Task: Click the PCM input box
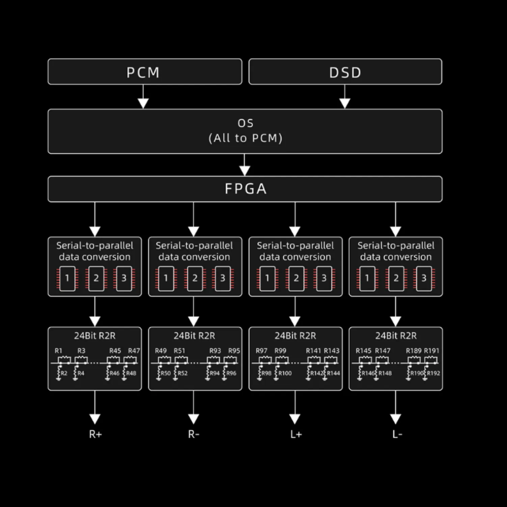(x=144, y=72)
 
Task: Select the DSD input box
(x=345, y=72)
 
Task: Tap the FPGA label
(x=245, y=189)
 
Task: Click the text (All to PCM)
(x=245, y=138)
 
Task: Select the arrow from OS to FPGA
(x=244, y=165)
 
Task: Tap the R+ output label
(x=95, y=434)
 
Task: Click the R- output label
(x=194, y=434)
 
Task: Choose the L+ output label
(x=295, y=434)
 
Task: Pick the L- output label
(x=397, y=434)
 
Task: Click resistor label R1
(x=59, y=351)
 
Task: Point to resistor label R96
(x=232, y=373)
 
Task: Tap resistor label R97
(x=261, y=351)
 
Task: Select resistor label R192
(x=433, y=373)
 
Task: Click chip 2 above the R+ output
(x=96, y=278)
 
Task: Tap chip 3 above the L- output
(x=424, y=278)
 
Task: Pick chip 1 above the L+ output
(x=267, y=278)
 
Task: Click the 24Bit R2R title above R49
(x=194, y=336)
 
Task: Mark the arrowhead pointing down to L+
(x=295, y=419)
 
